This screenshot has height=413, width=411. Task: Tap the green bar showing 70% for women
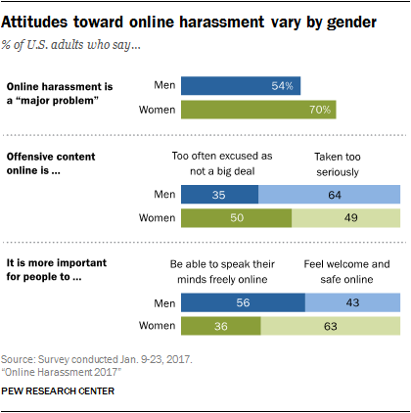coord(259,110)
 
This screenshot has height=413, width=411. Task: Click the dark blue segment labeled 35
coord(220,196)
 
